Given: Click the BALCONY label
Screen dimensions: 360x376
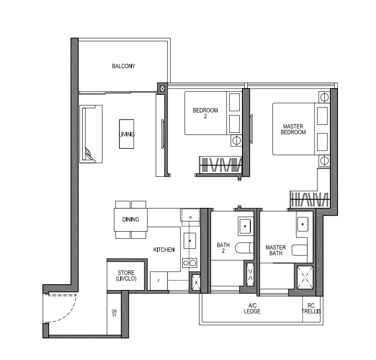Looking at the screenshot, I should pyautogui.click(x=123, y=66).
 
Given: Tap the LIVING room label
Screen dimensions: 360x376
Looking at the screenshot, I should pyautogui.click(x=126, y=134).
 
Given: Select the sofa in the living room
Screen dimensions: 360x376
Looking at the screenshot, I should pyautogui.click(x=91, y=133).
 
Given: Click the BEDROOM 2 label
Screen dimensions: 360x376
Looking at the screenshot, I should pyautogui.click(x=205, y=113).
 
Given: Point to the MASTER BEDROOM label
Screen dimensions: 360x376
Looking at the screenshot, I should pyautogui.click(x=294, y=129).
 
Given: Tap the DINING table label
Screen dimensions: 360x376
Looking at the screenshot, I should pyautogui.click(x=130, y=219).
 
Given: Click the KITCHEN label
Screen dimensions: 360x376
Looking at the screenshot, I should pyautogui.click(x=164, y=250).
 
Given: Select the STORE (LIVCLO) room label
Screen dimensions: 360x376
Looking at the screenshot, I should pyautogui.click(x=126, y=275).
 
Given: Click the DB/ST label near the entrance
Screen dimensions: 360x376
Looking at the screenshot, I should pyautogui.click(x=114, y=314).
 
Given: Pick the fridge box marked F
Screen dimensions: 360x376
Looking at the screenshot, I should pyautogui.click(x=158, y=281).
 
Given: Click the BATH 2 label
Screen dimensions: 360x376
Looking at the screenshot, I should pyautogui.click(x=223, y=248).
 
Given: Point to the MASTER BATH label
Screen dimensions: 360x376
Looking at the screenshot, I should pyautogui.click(x=276, y=251).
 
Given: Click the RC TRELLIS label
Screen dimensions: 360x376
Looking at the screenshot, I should pyautogui.click(x=311, y=309).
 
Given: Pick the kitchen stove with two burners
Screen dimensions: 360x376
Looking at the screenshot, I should pyautogui.click(x=190, y=263).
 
